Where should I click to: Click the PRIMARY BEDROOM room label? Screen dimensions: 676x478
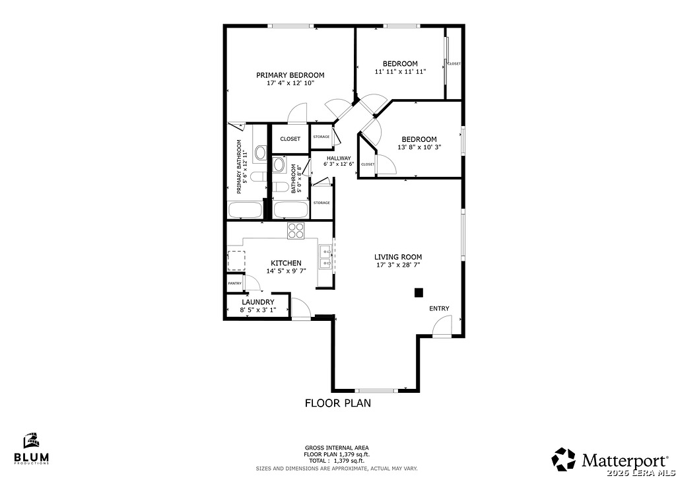pos(290,75)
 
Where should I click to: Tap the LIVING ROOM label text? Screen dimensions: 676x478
pos(398,257)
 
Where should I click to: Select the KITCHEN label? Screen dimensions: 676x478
pos(286,263)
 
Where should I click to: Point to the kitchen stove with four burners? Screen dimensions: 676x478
pos(296,230)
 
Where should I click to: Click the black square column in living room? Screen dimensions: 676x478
pos(419,292)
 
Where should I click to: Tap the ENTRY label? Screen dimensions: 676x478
pos(439,308)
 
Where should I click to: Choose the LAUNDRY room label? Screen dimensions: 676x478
pos(258,302)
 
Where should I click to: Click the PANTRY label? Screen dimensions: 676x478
pos(234,283)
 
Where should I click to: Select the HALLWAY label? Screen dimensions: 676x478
pos(339,158)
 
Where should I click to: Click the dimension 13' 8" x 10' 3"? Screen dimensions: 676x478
pos(419,147)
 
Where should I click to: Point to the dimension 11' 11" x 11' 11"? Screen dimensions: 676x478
pos(400,71)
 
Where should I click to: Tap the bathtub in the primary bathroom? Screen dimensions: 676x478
pos(245,210)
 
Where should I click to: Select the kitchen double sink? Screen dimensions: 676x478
pos(325,257)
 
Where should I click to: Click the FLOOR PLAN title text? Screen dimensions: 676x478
pos(338,403)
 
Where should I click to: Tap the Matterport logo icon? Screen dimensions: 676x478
pos(564,460)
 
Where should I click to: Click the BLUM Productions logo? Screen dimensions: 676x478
pos(32,448)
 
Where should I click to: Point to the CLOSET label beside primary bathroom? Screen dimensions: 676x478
pos(290,139)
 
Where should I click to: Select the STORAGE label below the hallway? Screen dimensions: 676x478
pos(321,203)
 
